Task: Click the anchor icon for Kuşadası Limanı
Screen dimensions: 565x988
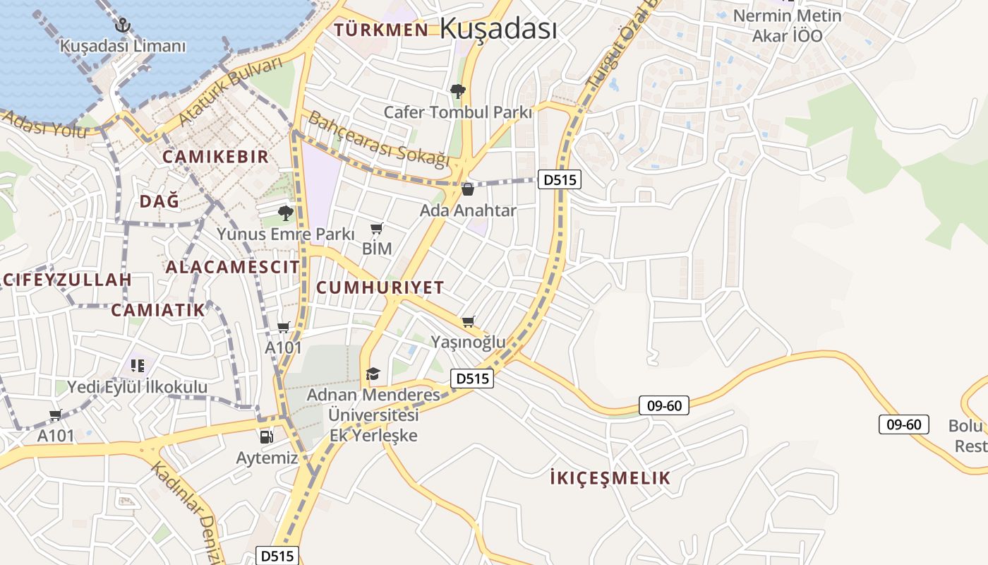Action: (x=123, y=25)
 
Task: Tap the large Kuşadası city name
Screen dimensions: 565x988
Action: (x=498, y=29)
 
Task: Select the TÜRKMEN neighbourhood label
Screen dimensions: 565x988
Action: (x=381, y=30)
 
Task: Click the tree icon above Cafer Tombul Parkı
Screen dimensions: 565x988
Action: (x=457, y=90)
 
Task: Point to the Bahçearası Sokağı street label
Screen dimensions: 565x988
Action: (x=379, y=139)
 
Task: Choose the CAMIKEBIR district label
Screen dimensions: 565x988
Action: (x=216, y=157)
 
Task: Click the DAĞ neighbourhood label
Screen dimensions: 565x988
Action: (x=159, y=201)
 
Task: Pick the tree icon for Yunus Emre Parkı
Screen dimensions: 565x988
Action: (x=285, y=213)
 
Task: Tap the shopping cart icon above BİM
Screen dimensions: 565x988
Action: (x=377, y=229)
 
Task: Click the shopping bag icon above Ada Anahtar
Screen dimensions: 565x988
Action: (x=467, y=189)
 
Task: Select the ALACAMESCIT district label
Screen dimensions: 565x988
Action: (x=232, y=267)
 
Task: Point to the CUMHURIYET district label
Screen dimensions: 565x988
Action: (x=380, y=287)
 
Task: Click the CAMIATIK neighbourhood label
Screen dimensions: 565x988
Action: (x=158, y=310)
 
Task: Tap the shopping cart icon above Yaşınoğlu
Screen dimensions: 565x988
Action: (x=468, y=322)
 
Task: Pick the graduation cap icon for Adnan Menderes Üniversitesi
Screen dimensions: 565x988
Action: (x=373, y=374)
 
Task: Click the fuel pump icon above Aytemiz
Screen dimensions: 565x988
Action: (x=266, y=436)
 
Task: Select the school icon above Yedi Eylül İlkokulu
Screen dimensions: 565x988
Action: (x=137, y=366)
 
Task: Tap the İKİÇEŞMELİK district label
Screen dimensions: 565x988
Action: (x=610, y=478)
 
